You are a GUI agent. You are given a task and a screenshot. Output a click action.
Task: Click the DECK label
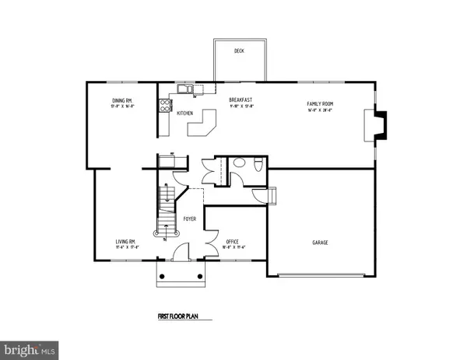[240, 51]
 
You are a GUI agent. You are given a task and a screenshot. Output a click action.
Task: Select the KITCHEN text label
[185, 114]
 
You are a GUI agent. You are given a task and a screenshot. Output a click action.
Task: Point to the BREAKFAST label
[238, 100]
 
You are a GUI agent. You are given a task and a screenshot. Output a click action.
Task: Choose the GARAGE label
[320, 243]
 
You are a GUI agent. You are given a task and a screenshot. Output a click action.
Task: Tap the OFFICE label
[232, 242]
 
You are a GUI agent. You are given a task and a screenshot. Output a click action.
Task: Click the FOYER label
[189, 219]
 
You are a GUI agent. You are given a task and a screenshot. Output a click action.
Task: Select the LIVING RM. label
[106, 242]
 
